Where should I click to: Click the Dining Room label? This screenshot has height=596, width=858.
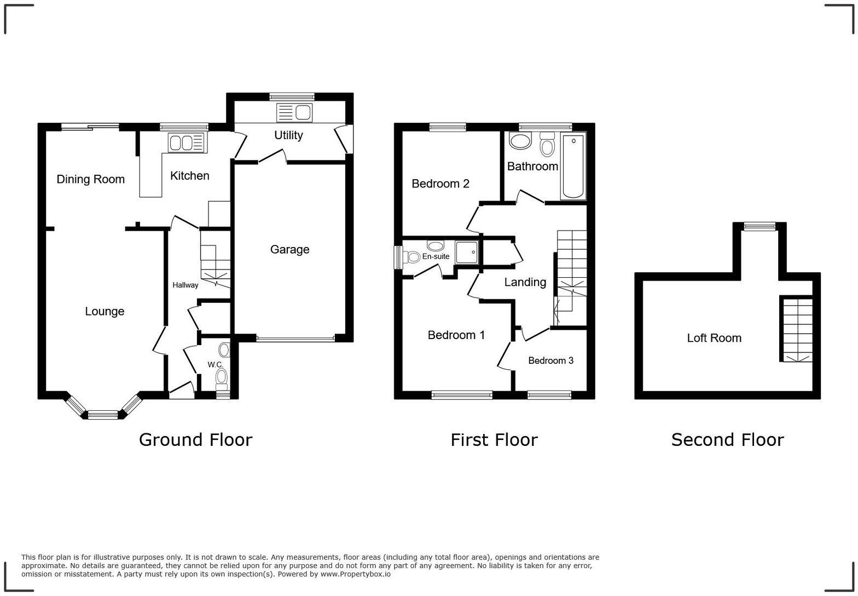pyautogui.click(x=91, y=179)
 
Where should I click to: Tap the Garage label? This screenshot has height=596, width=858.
pyautogui.click(x=289, y=250)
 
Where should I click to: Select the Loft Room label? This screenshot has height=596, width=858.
pyautogui.click(x=714, y=338)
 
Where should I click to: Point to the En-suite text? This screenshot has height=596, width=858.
pyautogui.click(x=436, y=256)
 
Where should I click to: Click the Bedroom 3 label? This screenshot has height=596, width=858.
pyautogui.click(x=550, y=360)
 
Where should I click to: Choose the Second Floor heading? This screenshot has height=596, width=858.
pyautogui.click(x=727, y=440)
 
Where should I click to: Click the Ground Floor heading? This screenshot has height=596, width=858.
pyautogui.click(x=195, y=440)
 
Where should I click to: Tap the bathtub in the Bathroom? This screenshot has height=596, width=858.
pyautogui.click(x=573, y=166)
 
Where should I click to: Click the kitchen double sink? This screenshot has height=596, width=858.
pyautogui.click(x=186, y=143)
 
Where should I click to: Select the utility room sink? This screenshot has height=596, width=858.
pyautogui.click(x=295, y=113)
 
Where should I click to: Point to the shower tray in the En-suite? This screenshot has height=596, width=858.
pyautogui.click(x=466, y=253)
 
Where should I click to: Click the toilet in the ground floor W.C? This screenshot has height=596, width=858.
pyautogui.click(x=222, y=376)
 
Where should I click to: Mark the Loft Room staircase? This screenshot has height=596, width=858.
pyautogui.click(x=796, y=329)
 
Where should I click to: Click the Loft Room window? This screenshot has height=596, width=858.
pyautogui.click(x=760, y=226)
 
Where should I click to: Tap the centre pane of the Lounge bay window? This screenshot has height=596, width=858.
pyautogui.click(x=103, y=415)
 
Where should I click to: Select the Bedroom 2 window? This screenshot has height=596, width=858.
pyautogui.click(x=448, y=128)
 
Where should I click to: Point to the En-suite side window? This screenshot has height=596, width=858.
pyautogui.click(x=399, y=257)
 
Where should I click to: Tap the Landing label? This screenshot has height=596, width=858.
pyautogui.click(x=525, y=282)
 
